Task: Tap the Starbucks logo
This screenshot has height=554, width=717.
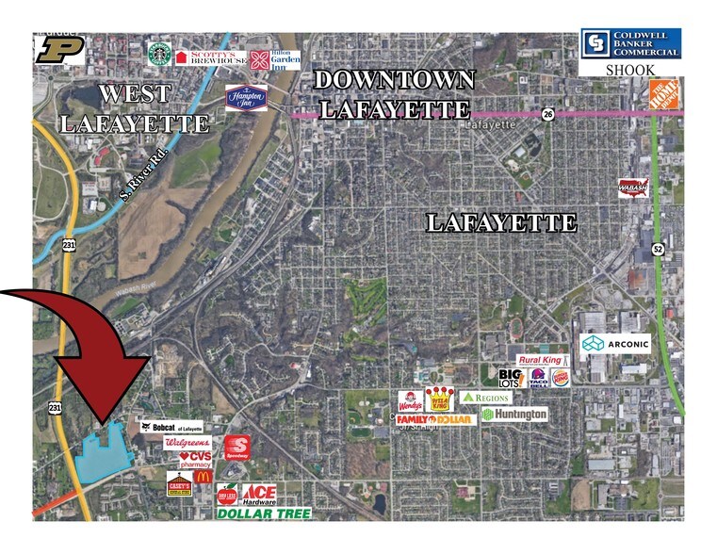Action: point(158,55)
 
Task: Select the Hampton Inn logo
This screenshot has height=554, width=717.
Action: point(247,98)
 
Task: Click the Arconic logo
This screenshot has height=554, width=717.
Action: point(616,344)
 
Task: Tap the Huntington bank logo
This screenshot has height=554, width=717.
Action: point(514,415)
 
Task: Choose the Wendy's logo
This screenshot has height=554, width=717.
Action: point(408,399)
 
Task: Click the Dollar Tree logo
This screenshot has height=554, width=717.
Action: point(264,514)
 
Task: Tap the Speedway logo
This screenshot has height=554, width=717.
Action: point(236,446)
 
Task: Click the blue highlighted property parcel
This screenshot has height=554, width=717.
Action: point(103,451)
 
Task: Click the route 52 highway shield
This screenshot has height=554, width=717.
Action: point(657,250)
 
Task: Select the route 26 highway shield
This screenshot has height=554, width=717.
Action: point(548,114)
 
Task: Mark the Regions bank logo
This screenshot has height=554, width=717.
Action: point(485,398)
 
